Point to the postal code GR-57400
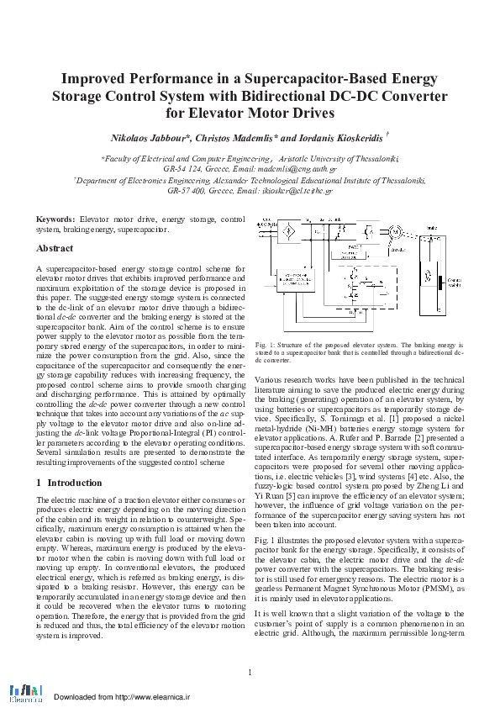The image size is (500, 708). coord(187,191)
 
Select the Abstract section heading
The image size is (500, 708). coord(55,248)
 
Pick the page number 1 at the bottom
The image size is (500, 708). coord(250,671)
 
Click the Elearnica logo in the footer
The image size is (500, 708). coord(26,692)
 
